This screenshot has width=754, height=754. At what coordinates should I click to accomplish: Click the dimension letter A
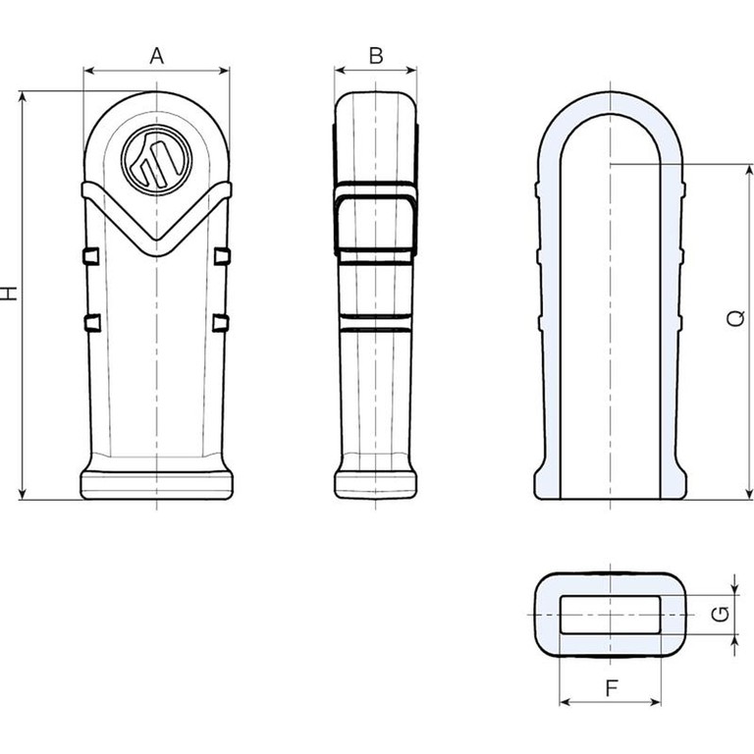[x=156, y=56]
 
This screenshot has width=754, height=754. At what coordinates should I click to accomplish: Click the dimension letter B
[x=376, y=56]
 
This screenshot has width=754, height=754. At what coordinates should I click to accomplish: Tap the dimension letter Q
[x=735, y=318]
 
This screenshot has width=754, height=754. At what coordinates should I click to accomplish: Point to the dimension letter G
[x=721, y=614]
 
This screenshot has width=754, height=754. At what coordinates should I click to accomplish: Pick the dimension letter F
[x=611, y=688]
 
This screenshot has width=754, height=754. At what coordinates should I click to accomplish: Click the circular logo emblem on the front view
[x=157, y=160]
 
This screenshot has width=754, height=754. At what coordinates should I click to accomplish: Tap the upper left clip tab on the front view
[x=91, y=256]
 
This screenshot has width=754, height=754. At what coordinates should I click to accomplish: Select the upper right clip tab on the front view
[x=222, y=256]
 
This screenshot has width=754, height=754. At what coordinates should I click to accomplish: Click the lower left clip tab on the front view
[x=92, y=323]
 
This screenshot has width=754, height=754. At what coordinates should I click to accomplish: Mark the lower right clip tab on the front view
[x=220, y=323]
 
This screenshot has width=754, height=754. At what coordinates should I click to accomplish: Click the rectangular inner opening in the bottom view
[x=611, y=615]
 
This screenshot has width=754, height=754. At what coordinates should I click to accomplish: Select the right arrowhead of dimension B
[x=411, y=71]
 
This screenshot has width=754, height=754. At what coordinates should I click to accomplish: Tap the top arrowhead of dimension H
[x=23, y=96]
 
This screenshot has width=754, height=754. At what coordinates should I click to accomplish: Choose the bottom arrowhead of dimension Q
[x=748, y=495]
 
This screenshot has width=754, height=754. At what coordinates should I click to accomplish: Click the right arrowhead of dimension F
[x=656, y=703]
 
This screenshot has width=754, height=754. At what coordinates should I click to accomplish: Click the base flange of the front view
[x=157, y=485]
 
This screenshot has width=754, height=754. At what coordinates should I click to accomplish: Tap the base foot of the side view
[x=376, y=485]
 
